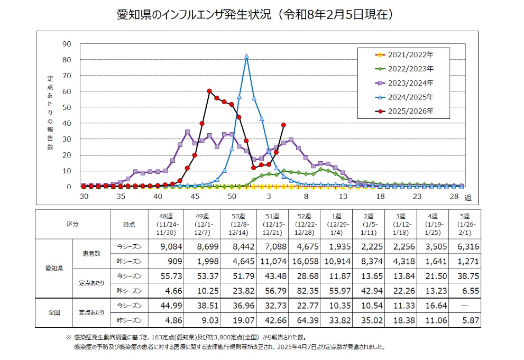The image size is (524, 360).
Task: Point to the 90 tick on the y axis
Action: coord(67,44)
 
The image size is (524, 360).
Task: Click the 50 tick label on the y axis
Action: coord(67,107)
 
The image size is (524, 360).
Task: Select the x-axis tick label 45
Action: coord(195,196)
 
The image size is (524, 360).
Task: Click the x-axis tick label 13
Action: coord(343,196)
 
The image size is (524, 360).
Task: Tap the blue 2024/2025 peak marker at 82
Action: coord(247,56)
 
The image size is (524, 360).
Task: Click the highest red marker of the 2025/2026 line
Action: coord(209,91)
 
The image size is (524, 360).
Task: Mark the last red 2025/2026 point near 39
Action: coord(284,125)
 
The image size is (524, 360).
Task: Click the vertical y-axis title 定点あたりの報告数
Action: coord(50,112)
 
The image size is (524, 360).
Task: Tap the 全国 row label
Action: coord(53,313)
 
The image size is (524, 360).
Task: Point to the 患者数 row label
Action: coord(91,253)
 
